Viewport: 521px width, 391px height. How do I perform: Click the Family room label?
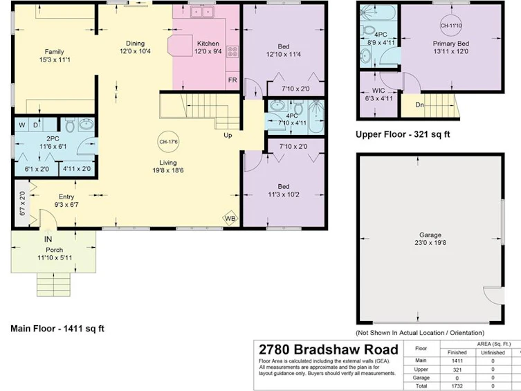click(x=54, y=52)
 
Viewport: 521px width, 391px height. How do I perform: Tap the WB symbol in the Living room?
click(x=230, y=218)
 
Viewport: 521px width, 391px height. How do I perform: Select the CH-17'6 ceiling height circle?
click(x=168, y=142)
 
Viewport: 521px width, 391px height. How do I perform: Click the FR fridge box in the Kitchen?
click(x=232, y=80)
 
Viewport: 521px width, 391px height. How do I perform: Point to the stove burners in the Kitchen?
click(x=232, y=52)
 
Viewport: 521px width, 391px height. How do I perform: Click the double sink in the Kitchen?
click(x=202, y=12)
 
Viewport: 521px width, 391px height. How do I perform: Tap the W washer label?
click(x=22, y=125)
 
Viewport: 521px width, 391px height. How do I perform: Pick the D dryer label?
click(x=35, y=125)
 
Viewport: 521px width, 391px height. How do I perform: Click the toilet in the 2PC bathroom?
click(x=70, y=125)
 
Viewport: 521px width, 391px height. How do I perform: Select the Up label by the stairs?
click(x=228, y=135)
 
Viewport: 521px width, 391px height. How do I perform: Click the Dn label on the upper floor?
click(x=420, y=105)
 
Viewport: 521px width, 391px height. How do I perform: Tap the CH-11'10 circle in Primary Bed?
click(x=451, y=25)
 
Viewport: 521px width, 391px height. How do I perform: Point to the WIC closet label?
click(x=378, y=91)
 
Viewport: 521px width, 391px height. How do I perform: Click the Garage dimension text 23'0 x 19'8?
click(x=430, y=243)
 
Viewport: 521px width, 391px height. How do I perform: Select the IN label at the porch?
click(x=48, y=239)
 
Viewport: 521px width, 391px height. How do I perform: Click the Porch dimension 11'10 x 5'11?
click(x=55, y=258)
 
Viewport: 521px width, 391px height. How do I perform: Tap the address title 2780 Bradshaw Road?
click(x=328, y=349)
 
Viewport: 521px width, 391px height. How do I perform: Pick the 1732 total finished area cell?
click(x=457, y=386)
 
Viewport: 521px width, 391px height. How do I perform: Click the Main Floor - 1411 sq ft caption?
click(x=57, y=329)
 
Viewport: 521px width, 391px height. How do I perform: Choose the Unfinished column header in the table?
click(x=493, y=352)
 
